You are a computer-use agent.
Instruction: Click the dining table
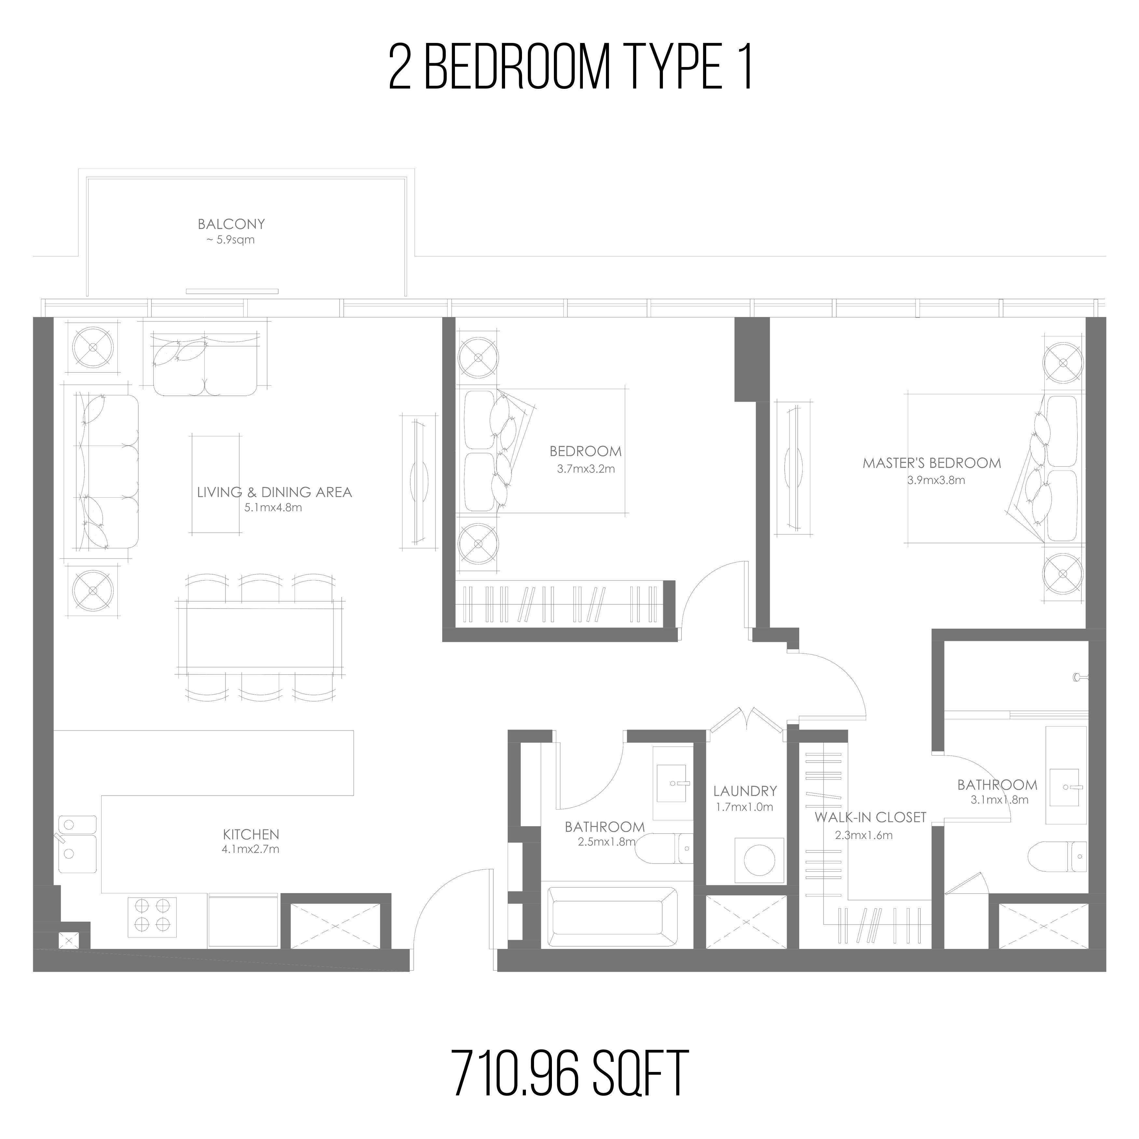260,637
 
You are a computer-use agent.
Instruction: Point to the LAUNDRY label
745,790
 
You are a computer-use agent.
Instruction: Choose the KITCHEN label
251,834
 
